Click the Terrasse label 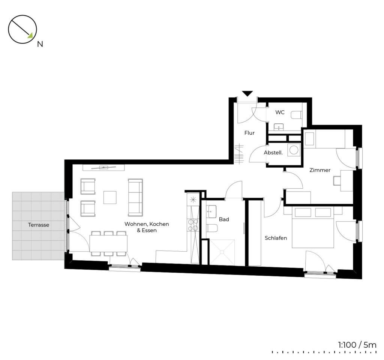click(x=39, y=225)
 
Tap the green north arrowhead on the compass click(x=30, y=36)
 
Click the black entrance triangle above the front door click(x=247, y=93)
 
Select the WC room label click(x=280, y=112)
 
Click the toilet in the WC click(x=296, y=115)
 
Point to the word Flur click(x=249, y=133)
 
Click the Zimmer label click(x=320, y=170)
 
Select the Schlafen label click(x=276, y=238)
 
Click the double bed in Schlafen click(x=313, y=228)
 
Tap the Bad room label click(x=224, y=219)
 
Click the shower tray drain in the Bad click(x=222, y=252)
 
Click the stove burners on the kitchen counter click(x=193, y=225)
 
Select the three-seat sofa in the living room click(x=135, y=197)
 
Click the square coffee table click(x=110, y=197)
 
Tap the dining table click(x=108, y=243)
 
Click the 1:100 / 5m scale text click(x=357, y=345)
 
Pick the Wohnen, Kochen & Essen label click(x=147, y=227)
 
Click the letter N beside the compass click(x=40, y=44)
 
